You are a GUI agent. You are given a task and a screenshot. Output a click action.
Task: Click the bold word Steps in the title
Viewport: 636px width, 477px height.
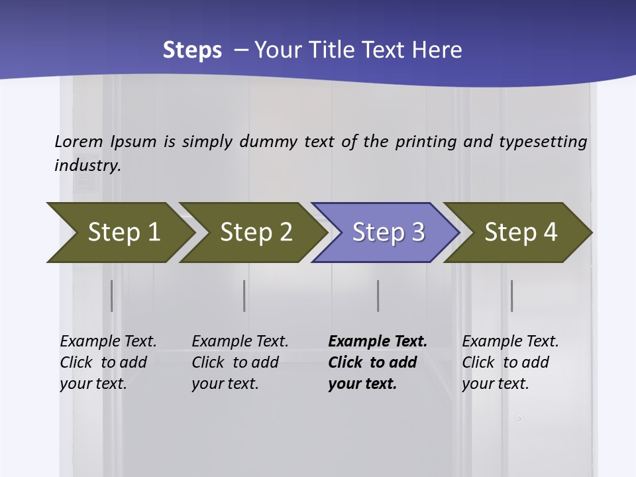tap(192, 50)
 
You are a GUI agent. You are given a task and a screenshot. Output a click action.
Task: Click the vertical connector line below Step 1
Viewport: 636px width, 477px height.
tap(111, 295)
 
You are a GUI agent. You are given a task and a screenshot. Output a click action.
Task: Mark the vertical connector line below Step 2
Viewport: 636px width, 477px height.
tap(244, 295)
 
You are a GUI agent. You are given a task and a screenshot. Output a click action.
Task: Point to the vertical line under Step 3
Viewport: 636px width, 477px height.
tap(378, 295)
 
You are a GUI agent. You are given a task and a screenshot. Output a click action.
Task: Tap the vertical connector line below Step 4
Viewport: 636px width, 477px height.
tap(511, 295)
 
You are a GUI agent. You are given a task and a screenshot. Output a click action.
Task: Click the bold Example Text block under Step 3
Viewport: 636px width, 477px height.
tap(376, 362)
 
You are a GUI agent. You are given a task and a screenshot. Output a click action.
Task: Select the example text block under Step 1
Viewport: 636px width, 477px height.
tap(107, 362)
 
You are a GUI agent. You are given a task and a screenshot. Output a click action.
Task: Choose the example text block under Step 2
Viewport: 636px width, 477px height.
tap(239, 362)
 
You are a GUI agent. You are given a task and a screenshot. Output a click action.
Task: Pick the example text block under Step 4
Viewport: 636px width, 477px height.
tap(509, 362)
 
